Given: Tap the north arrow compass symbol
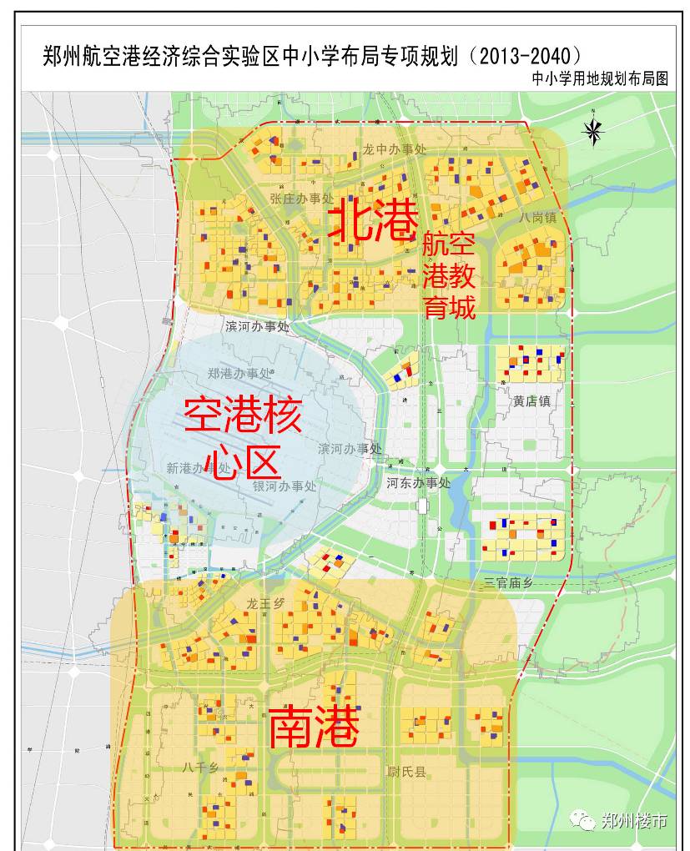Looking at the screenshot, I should [x=592, y=129].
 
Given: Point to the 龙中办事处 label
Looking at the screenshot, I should [x=394, y=149].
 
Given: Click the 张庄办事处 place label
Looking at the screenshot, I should [x=301, y=199].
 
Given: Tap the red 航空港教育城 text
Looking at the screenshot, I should [x=448, y=276].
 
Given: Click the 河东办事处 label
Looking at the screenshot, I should [x=418, y=483].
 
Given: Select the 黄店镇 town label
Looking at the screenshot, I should [x=531, y=400].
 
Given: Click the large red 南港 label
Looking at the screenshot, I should [x=314, y=728].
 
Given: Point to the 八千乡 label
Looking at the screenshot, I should [x=199, y=767].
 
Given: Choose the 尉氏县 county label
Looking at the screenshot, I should [x=406, y=773].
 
